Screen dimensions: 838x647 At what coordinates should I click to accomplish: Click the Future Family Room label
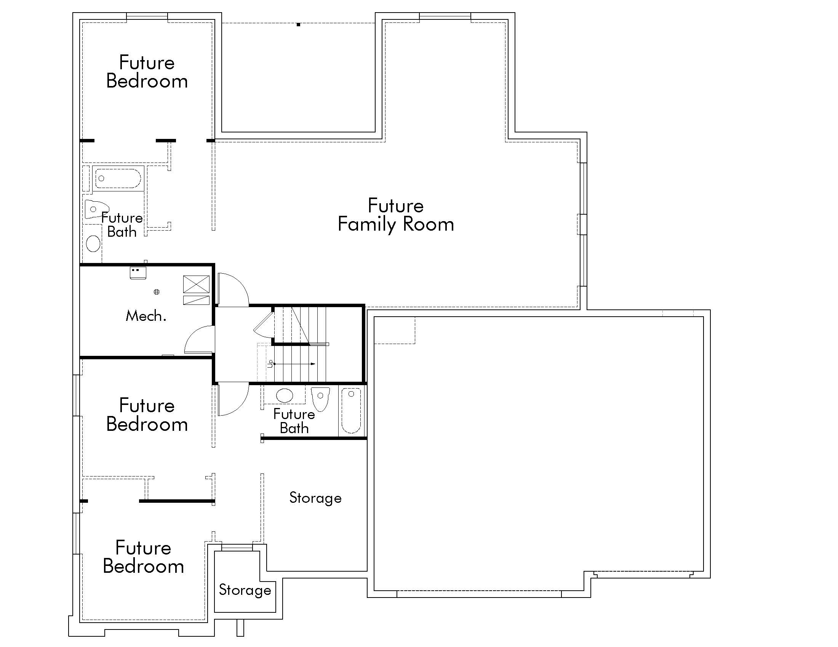[396, 215]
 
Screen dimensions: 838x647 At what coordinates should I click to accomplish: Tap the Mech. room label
[146, 316]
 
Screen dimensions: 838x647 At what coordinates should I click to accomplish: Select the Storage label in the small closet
[245, 590]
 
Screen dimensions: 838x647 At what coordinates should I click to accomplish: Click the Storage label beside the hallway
[315, 498]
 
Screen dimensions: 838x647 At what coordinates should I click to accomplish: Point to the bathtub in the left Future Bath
[117, 178]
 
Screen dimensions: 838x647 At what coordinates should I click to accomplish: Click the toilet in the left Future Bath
[96, 209]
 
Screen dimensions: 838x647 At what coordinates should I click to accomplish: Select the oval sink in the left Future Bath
[93, 244]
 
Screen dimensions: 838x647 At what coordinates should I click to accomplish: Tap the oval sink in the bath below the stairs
[284, 395]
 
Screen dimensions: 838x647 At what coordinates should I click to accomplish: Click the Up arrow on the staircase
[294, 364]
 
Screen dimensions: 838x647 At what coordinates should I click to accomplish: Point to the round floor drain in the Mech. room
[157, 292]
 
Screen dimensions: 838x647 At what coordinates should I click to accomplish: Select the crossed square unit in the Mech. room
[197, 284]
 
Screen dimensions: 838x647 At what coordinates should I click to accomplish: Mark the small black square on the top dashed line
[298, 24]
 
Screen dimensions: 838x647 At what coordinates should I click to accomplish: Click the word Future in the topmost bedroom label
[147, 62]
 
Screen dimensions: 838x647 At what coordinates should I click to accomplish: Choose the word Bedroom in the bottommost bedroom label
[144, 567]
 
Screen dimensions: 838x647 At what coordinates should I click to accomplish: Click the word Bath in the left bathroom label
[122, 232]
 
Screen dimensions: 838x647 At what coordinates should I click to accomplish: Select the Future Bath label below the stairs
[294, 421]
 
